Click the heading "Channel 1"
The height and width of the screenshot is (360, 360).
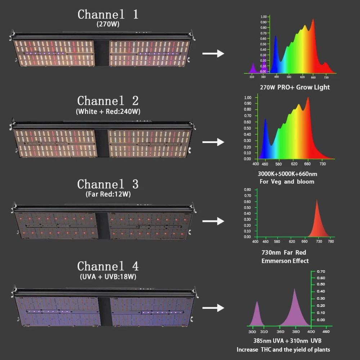pyautogui.click(x=108, y=14)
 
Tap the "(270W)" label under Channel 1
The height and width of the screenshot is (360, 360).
pyautogui.click(x=108, y=24)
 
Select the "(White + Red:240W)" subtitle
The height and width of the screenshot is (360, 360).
pyautogui.click(x=108, y=111)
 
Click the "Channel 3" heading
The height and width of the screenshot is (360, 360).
pyautogui.click(x=108, y=184)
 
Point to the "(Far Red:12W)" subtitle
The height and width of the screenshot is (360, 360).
pyautogui.click(x=108, y=194)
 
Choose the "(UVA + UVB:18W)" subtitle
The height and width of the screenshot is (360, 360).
pyautogui.click(x=108, y=276)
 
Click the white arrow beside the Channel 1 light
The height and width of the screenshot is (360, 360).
pyautogui.click(x=213, y=54)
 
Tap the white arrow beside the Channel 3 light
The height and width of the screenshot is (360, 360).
pyautogui.click(x=213, y=221)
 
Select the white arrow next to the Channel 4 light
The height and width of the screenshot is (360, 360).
pyautogui.click(x=213, y=308)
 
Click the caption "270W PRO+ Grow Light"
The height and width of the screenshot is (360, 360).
pyautogui.click(x=295, y=87)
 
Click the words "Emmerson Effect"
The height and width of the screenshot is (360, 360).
pyautogui.click(x=285, y=261)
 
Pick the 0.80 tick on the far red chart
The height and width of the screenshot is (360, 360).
pyautogui.click(x=247, y=189)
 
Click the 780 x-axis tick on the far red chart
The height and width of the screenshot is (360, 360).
pyautogui.click(x=330, y=242)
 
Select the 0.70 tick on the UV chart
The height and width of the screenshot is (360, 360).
pyautogui.click(x=321, y=271)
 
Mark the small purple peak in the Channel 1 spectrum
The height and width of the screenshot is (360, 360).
pyautogui.click(x=253, y=68)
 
